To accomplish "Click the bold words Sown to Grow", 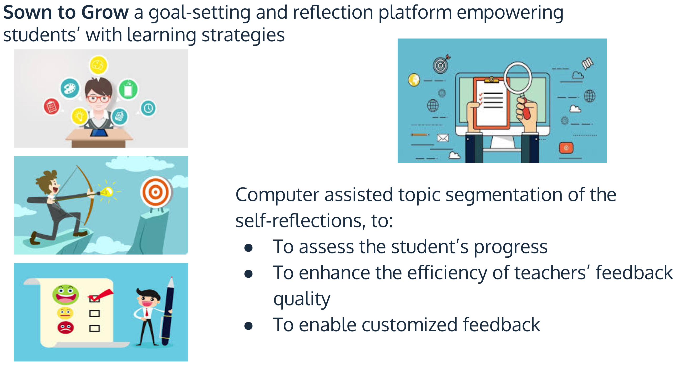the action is coord(66,13).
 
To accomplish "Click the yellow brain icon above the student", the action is coord(98,65).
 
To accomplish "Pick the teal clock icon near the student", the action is coord(148,108).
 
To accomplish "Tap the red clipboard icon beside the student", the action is coord(51,107).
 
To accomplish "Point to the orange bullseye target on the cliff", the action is coord(156,192).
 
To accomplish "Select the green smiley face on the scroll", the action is coord(65,294).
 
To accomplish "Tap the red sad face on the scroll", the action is coord(65,328).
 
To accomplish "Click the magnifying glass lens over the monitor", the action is coord(518,78).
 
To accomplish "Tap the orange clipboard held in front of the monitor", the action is coord(492,103).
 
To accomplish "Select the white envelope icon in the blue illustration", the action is coord(443,138).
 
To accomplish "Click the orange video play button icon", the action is coord(566,148).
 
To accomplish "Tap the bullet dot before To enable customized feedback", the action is coord(249,326).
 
